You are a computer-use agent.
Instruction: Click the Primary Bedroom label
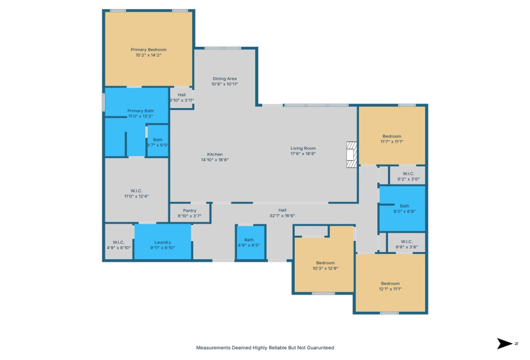coord(148,50)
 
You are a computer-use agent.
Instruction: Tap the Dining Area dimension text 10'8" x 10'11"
coord(225,84)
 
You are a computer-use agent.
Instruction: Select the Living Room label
coord(303,148)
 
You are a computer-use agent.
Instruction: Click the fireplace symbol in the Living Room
coord(351,155)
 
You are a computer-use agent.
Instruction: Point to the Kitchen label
coord(215,154)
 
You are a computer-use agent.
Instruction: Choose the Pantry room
coord(190,213)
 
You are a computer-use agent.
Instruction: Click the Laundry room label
coord(163,242)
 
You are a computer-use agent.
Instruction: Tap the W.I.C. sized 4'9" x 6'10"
coord(118,244)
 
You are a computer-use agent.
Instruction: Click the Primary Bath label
coord(140,111)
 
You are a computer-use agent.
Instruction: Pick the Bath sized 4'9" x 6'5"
coord(249,242)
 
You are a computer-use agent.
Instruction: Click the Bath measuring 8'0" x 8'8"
coord(402,208)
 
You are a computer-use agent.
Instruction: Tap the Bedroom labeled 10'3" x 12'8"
coord(325,265)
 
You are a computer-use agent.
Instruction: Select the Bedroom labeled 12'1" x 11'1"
coord(390,286)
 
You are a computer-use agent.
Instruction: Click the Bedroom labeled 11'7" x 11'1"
coord(392,139)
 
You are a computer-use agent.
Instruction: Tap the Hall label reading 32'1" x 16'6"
coord(282,212)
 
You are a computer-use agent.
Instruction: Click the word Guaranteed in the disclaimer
coord(318,347)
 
